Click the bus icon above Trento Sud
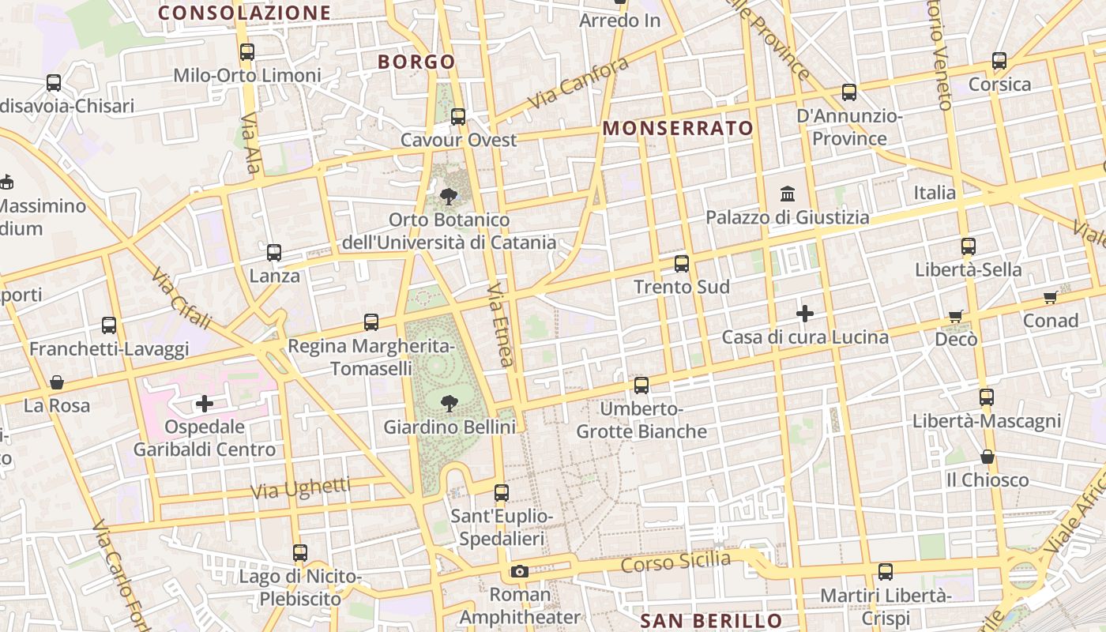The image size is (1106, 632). [x=682, y=264]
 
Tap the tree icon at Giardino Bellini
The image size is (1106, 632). [x=450, y=404]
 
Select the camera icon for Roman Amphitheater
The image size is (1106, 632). [x=519, y=571]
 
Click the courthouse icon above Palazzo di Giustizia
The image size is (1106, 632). [x=788, y=194]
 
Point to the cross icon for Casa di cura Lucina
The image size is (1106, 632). [x=805, y=314]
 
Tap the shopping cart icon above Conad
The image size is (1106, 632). [x=1050, y=297]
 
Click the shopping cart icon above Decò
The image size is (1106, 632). [x=956, y=316]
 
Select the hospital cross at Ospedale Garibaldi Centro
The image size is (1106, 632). [x=205, y=404]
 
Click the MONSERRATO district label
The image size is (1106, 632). [x=678, y=128]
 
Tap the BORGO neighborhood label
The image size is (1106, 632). [x=416, y=62]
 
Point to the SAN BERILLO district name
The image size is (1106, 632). [x=711, y=621]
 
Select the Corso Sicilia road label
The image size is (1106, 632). [x=675, y=562]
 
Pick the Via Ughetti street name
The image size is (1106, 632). [x=300, y=488]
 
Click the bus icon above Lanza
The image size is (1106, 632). [x=274, y=253]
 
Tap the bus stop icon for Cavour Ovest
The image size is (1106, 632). [x=458, y=117]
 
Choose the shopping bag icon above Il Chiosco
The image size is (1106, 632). [x=987, y=457]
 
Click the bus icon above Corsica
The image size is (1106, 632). [x=999, y=61]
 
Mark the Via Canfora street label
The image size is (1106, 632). [x=578, y=84]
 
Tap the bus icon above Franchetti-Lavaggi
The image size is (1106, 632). [x=109, y=325]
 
